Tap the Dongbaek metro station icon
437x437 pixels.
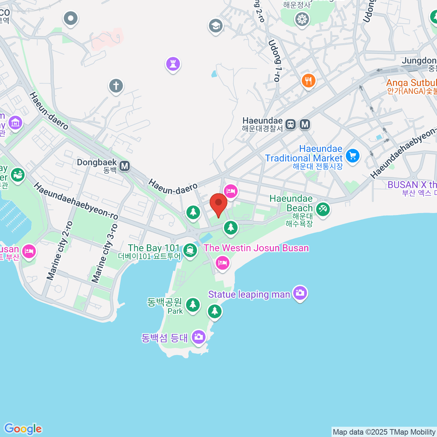pyautogui.click(x=125, y=166)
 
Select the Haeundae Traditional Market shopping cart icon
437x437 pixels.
pyautogui.click(x=352, y=155)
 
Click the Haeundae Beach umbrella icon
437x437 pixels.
pyautogui.click(x=323, y=209)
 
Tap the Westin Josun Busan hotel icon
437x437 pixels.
pyautogui.click(x=222, y=262)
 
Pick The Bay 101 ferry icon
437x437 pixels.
pyautogui.click(x=190, y=250)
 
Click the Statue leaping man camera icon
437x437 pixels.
pyautogui.click(x=300, y=292)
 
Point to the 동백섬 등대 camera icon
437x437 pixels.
pyautogui.click(x=198, y=336)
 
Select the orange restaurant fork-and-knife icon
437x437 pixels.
pyautogui.click(x=308, y=80)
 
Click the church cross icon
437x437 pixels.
pyautogui.click(x=116, y=86)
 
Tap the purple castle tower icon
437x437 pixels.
pyautogui.click(x=173, y=64)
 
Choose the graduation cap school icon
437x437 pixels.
pyautogui.click(x=216, y=26)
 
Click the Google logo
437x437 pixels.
pyautogui.click(x=23, y=429)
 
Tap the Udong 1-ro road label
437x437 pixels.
pyautogui.click(x=275, y=61)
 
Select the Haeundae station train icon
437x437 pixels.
pyautogui.click(x=290, y=124)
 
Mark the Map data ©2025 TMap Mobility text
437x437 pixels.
pyautogui.click(x=384, y=432)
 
